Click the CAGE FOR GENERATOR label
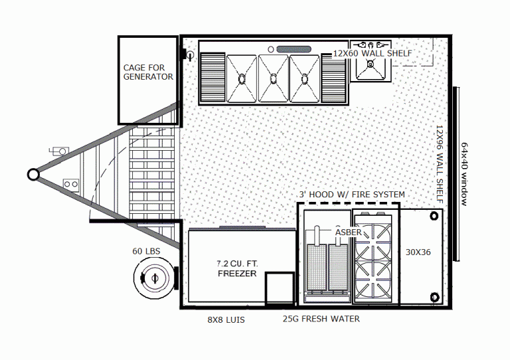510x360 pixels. [148, 72]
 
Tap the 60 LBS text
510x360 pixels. [147, 250]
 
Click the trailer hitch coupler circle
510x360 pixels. [33, 174]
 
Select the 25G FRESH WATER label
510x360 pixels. [321, 319]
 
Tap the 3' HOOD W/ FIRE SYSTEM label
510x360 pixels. [351, 194]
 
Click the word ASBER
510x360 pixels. [348, 232]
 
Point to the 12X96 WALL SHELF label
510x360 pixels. [440, 159]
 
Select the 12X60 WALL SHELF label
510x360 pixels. [372, 53]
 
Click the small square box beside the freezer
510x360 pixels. [280, 288]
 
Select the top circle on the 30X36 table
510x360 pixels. [434, 216]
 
